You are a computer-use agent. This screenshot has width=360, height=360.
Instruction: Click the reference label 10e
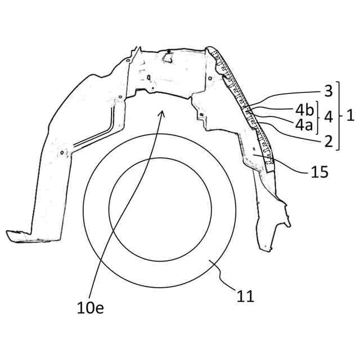coord(90,308)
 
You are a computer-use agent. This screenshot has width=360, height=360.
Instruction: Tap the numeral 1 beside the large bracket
coord(350,116)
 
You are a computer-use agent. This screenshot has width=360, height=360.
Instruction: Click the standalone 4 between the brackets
coord(329,116)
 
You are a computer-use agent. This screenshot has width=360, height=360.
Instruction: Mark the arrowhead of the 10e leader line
coord(163,112)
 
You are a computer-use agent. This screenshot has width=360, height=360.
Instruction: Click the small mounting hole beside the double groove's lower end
coord(61,150)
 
